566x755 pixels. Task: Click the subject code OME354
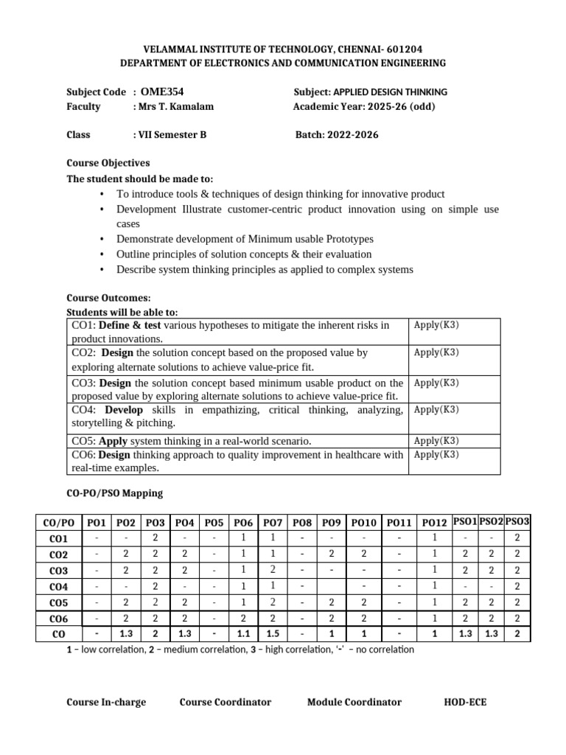161,92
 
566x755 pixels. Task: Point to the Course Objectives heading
108,163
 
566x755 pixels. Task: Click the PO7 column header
273,523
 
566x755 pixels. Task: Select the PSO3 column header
517,521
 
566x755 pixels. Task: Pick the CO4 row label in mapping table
58,587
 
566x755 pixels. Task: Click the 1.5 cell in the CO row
273,634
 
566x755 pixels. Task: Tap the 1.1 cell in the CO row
243,634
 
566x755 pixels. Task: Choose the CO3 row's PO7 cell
273,570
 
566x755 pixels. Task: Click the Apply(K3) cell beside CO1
436,325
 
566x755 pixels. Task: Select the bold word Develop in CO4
124,410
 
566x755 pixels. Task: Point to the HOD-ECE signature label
465,702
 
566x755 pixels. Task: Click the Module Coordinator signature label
354,702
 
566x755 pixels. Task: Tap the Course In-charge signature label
106,702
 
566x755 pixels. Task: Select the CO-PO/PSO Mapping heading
115,493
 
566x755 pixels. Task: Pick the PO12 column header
435,523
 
